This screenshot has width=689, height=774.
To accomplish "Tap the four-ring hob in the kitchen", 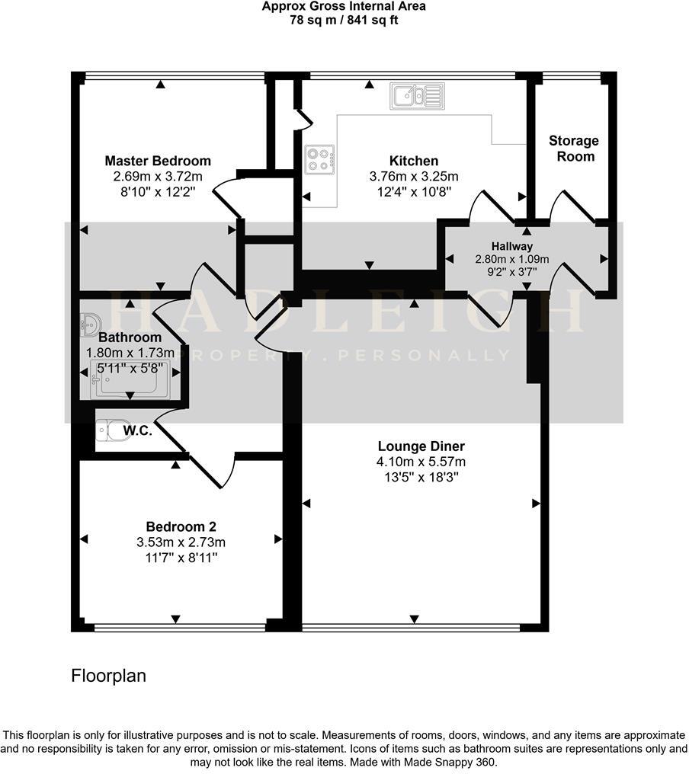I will click(x=320, y=159).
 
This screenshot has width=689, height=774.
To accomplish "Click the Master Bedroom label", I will click(x=158, y=161).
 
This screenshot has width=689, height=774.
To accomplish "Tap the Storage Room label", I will click(x=574, y=149).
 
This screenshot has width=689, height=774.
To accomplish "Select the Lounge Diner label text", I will click(x=421, y=446).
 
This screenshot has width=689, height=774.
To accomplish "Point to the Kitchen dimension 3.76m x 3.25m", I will click(x=414, y=177).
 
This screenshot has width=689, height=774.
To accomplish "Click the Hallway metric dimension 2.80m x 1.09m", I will click(x=511, y=259).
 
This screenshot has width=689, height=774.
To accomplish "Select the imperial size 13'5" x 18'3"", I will click(x=421, y=478).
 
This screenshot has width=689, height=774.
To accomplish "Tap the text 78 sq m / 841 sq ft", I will click(x=344, y=21).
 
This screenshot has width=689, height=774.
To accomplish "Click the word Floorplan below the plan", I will click(x=108, y=676).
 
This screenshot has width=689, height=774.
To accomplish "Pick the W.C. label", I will click(x=138, y=431).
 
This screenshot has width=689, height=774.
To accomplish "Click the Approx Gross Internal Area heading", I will click(x=344, y=7).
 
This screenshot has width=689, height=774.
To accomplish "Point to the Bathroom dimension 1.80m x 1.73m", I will click(x=130, y=353).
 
